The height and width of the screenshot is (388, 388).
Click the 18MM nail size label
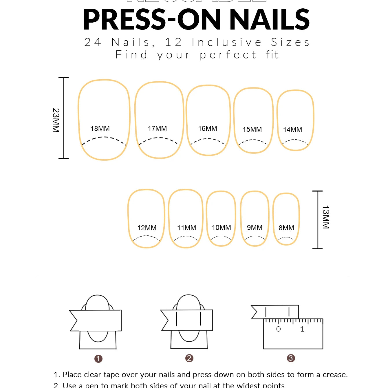pyautogui.click(x=100, y=129)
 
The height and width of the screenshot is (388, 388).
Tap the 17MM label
pyautogui.click(x=157, y=129)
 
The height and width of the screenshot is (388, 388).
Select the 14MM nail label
pyautogui.click(x=292, y=130)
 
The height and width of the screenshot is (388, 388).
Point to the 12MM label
pyautogui.click(x=147, y=228)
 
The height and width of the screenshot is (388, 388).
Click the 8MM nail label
pyautogui.click(x=286, y=228)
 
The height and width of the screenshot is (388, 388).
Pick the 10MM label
pyautogui.click(x=222, y=228)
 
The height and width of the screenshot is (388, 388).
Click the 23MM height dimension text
pyautogui.click(x=56, y=120)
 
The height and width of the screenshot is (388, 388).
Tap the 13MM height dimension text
pyautogui.click(x=326, y=217)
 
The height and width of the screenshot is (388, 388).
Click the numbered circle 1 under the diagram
pyautogui.click(x=98, y=359)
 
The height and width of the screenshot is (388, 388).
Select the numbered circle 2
pyautogui.click(x=189, y=358)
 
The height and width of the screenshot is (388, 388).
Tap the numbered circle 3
pyautogui.click(x=291, y=358)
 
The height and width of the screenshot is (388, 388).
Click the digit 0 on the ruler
pyautogui.click(x=278, y=329)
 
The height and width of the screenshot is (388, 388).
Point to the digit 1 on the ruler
pyautogui.click(x=302, y=329)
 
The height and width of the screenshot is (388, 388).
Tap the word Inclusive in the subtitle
pyautogui.click(x=227, y=42)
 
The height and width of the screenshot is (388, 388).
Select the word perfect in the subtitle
pyautogui.click(x=228, y=55)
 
